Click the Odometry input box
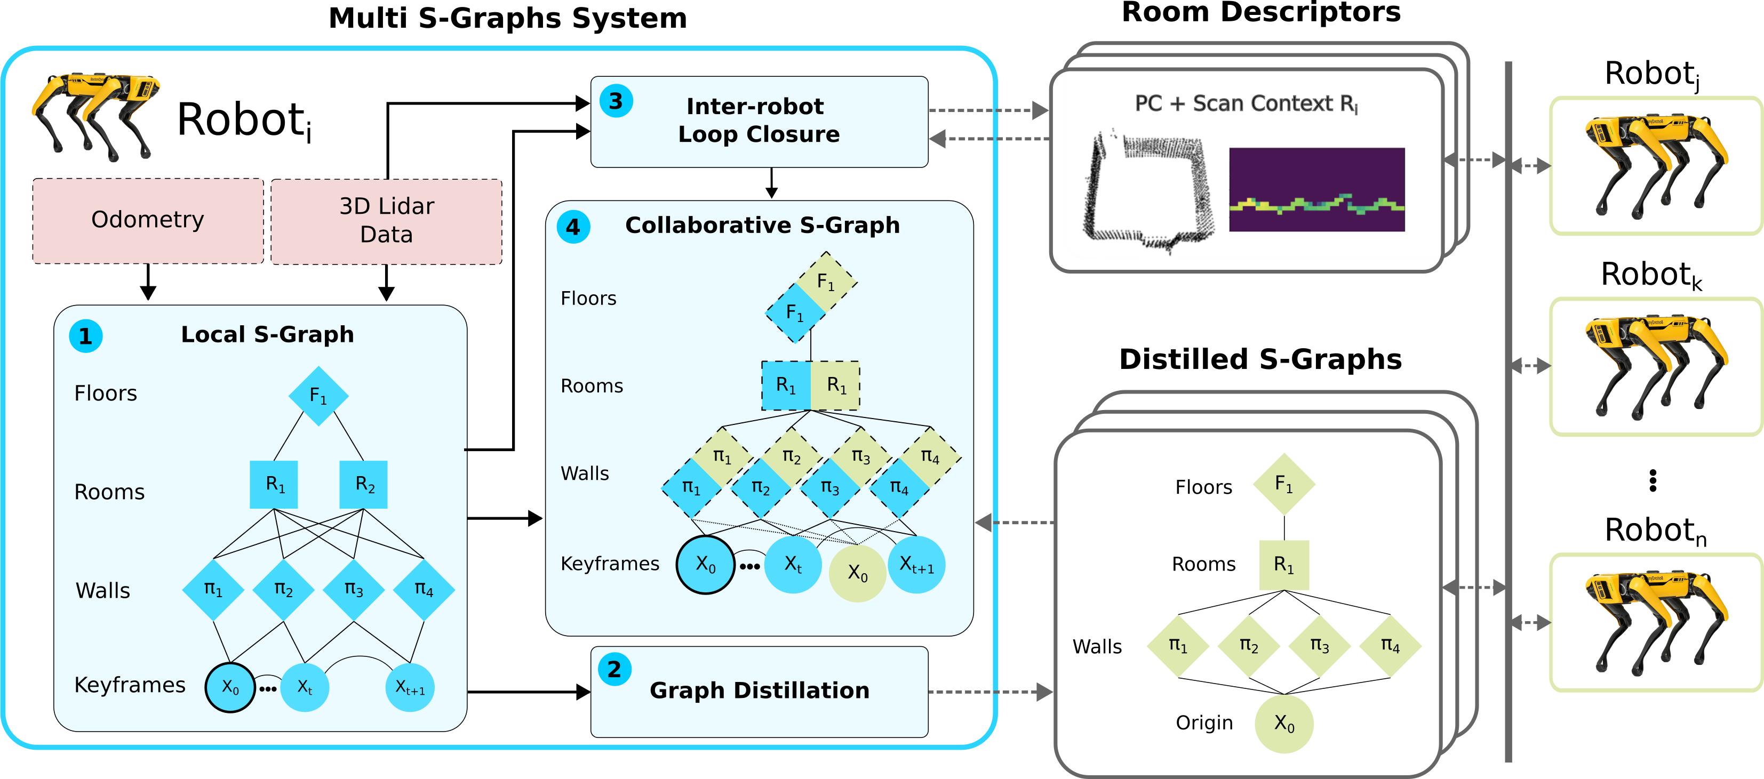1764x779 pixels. (147, 220)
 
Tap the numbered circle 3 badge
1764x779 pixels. (616, 101)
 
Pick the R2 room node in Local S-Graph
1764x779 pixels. (364, 485)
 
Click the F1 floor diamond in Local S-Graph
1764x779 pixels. (318, 396)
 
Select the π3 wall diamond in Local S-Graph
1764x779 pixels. (353, 589)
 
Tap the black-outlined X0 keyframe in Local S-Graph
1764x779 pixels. (230, 687)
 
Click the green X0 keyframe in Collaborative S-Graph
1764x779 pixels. (857, 573)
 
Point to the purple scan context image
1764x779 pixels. (1316, 190)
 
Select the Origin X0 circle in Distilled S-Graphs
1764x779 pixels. (1284, 724)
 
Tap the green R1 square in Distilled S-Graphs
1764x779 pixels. (1284, 565)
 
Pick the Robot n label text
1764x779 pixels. (1655, 531)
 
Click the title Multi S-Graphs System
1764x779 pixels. (507, 18)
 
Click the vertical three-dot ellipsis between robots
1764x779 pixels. (1653, 480)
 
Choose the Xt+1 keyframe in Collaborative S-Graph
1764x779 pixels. (916, 565)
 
